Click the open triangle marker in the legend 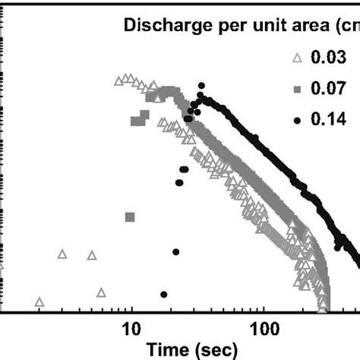(x=296, y=58)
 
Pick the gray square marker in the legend (x=296, y=89)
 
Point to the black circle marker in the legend (x=296, y=119)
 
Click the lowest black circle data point (x=163, y=294)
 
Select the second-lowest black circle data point (x=175, y=251)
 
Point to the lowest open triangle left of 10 (x=39, y=302)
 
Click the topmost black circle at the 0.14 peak (x=201, y=86)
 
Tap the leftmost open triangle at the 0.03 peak (x=118, y=80)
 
